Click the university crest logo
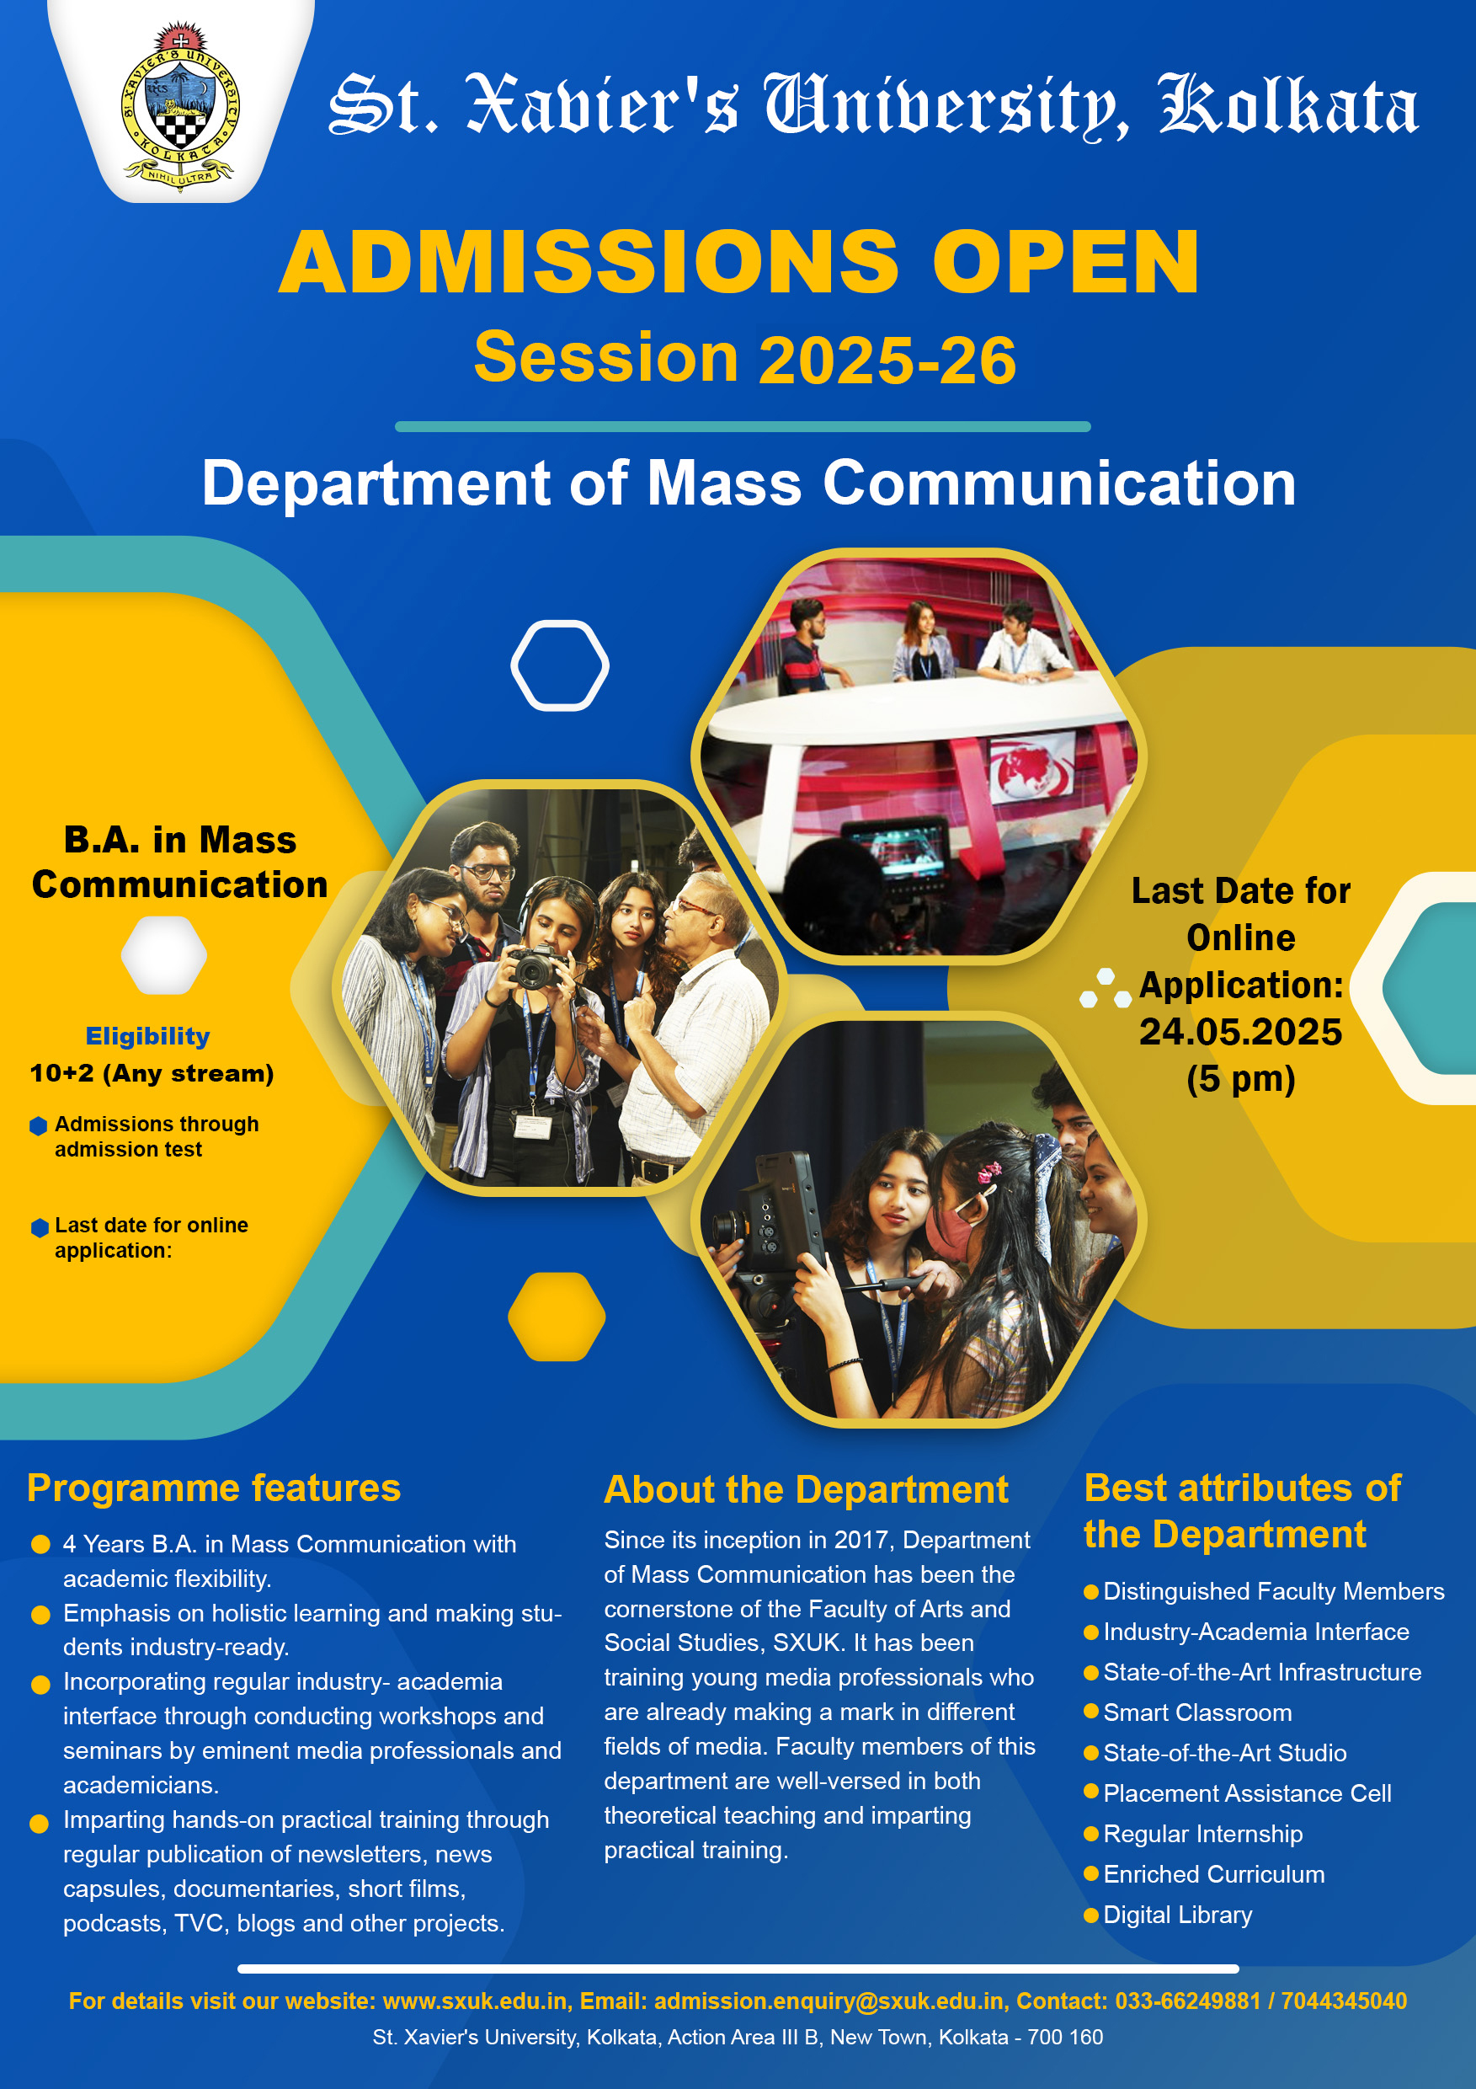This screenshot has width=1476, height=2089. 180,104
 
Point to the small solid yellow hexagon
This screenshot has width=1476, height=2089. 557,1317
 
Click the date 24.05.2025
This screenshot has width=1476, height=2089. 1240,1032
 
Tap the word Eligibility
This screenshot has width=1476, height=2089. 147,1035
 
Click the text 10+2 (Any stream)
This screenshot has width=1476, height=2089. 152,1074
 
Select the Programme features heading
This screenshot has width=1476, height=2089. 214,1488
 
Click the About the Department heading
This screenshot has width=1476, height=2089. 806,1490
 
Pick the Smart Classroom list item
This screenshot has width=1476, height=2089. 1196,1712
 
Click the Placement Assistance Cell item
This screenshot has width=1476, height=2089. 1247,1793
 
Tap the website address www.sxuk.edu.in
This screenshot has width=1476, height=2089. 476,2001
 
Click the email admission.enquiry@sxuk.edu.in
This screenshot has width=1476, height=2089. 829,2001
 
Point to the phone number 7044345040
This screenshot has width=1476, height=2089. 1344,2001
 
